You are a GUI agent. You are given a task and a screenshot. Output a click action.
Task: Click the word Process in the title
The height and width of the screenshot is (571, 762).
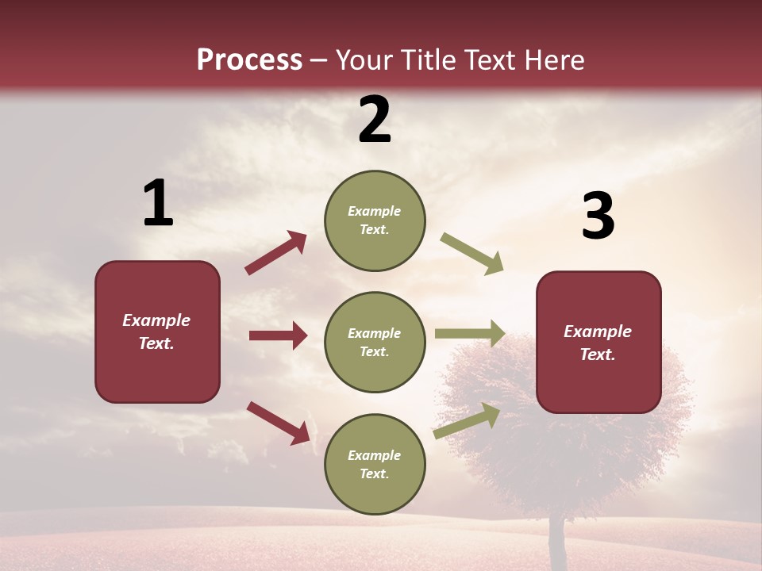tap(249, 60)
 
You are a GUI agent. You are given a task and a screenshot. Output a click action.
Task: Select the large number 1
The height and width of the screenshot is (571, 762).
tap(157, 204)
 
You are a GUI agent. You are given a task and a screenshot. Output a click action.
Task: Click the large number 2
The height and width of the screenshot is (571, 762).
tap(375, 120)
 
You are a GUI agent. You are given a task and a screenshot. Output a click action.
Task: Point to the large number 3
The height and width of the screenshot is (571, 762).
tap(598, 217)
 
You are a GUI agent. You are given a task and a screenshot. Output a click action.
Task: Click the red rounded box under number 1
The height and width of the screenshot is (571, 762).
tap(157, 331)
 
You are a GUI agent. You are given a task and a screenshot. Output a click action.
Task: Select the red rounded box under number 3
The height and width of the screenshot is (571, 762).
tap(598, 342)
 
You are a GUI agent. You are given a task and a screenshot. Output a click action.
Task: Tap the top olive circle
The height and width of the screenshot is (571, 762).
tap(375, 220)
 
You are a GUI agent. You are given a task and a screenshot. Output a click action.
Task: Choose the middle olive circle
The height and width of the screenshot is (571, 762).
tap(375, 342)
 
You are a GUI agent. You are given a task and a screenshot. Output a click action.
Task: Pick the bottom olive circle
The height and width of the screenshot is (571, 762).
tap(375, 464)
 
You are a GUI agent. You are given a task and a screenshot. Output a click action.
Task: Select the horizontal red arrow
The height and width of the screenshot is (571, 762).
tap(278, 335)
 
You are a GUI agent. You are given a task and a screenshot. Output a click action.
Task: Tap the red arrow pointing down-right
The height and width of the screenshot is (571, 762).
tap(279, 423)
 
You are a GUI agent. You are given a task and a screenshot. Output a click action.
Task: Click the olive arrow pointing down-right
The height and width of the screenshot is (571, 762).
tap(471, 253)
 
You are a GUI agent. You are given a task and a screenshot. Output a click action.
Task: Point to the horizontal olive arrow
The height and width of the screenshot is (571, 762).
tap(469, 334)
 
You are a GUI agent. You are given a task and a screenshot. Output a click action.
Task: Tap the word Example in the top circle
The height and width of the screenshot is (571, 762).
tap(375, 211)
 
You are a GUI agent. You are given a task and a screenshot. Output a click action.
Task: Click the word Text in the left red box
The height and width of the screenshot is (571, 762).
tap(156, 344)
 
